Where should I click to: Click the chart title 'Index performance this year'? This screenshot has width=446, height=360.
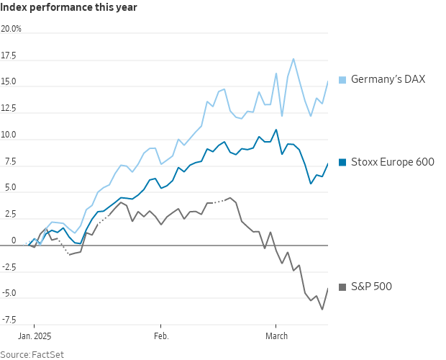(68, 7)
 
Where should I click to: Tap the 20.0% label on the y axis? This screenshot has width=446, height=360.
(11, 29)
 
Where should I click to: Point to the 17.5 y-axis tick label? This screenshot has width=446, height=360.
(9, 55)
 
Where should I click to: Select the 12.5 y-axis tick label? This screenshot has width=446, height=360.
(9, 108)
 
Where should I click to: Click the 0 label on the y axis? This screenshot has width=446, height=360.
(14, 240)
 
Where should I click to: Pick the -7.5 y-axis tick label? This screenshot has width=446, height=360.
(9, 320)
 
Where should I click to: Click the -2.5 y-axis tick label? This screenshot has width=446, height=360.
(9, 267)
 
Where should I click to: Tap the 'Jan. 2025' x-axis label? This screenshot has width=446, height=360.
(35, 336)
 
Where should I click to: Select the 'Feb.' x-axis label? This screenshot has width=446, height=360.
(161, 336)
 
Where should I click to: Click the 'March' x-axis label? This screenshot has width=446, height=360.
(276, 336)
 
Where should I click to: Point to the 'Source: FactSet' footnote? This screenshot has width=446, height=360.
(32, 354)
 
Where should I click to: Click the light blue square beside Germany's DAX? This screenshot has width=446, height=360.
(342, 80)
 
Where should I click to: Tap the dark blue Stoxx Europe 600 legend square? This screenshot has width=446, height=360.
(342, 162)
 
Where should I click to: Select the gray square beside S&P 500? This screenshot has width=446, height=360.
(342, 287)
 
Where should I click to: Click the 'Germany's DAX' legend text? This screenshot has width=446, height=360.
(388, 79)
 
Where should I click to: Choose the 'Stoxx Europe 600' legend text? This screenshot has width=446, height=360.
(393, 162)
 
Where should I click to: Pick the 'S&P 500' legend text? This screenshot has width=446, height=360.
(371, 287)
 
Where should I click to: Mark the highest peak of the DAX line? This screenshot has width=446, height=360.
(293, 59)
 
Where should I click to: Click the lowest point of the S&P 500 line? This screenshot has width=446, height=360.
(322, 310)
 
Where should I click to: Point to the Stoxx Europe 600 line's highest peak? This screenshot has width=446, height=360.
(276, 130)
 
